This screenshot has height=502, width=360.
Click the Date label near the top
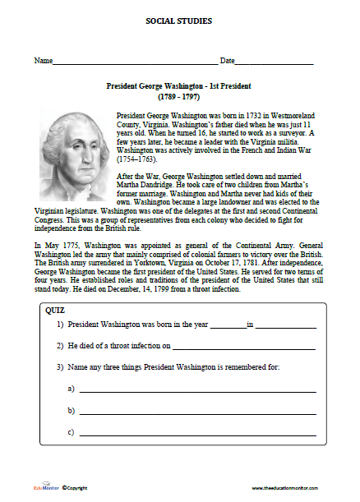(227, 62)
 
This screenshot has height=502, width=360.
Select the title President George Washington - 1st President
(179, 85)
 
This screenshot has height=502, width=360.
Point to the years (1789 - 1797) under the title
(179, 96)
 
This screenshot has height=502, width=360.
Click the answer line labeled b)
(197, 412)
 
